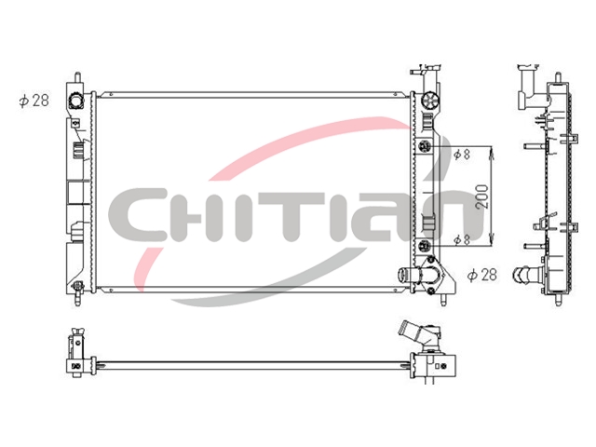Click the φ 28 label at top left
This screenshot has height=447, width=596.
point(34,101)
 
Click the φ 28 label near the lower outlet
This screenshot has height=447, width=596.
point(482,275)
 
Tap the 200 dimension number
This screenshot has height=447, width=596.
point(481,196)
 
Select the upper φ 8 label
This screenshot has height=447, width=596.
point(462,154)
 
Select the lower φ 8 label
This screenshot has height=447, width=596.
point(462,239)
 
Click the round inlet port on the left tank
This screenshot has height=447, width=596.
point(75,101)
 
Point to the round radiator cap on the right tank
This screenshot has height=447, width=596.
point(430,101)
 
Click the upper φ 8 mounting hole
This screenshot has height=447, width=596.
point(425,146)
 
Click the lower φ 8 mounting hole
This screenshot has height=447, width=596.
point(425,247)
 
